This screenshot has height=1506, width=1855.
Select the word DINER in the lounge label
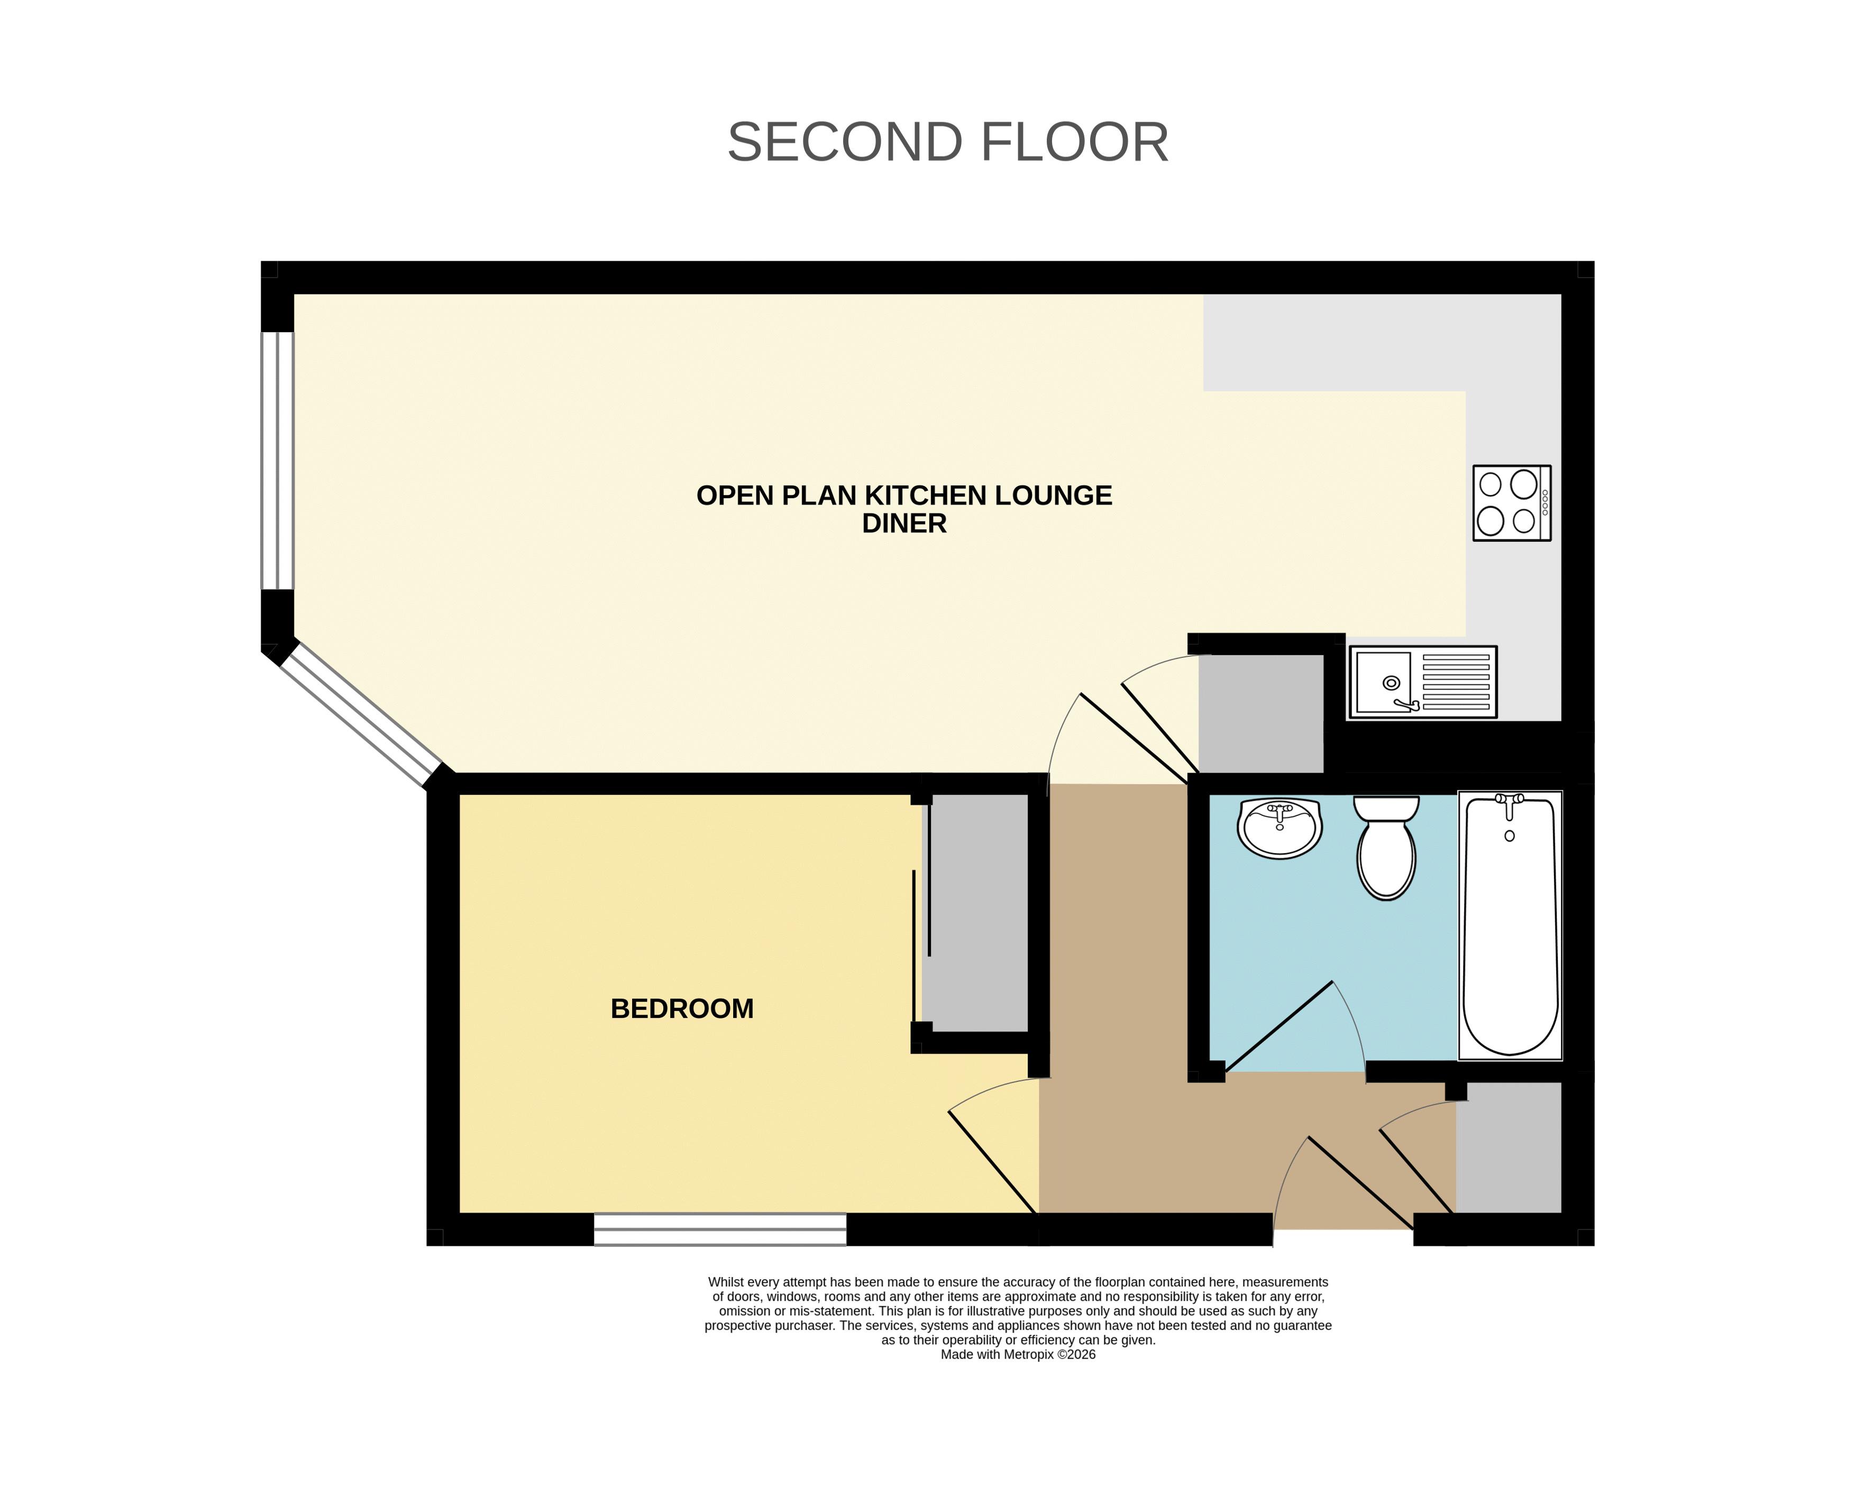(904, 523)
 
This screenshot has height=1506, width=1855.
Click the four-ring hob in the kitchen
(1511, 503)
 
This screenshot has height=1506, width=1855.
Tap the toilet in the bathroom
(1386, 848)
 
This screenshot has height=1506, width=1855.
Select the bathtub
(1511, 925)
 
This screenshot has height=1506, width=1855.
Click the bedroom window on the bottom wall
(720, 1229)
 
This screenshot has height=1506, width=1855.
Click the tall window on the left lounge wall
(278, 461)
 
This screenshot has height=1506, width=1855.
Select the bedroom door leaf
(993, 1162)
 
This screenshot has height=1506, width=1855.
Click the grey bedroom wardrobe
(975, 914)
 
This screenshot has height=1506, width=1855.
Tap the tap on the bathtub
(1510, 804)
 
